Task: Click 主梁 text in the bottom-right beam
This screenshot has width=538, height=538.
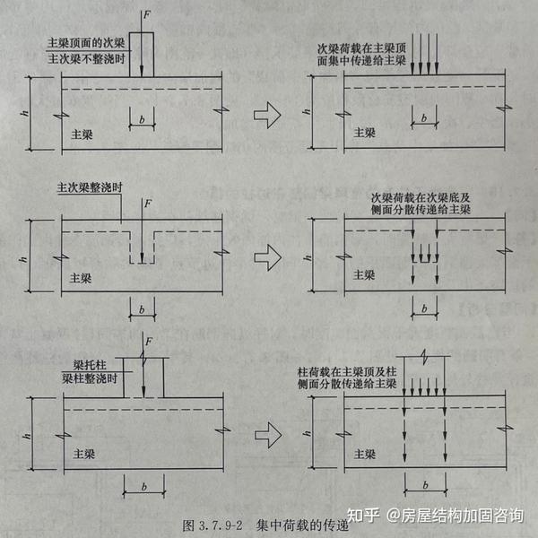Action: [363, 456]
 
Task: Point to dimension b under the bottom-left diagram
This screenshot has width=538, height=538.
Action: [143, 487]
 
